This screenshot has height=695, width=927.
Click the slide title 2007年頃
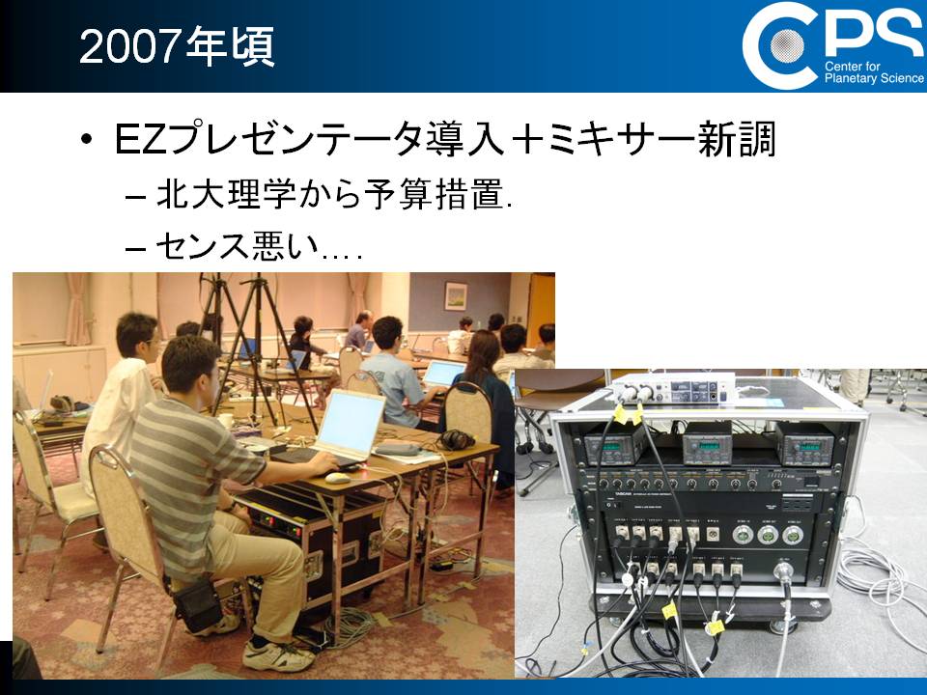(x=177, y=46)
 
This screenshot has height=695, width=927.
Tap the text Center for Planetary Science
(x=874, y=72)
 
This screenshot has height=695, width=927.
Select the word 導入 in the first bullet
(x=465, y=139)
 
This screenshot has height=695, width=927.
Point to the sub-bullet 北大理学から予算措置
(x=334, y=194)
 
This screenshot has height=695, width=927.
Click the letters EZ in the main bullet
(x=140, y=140)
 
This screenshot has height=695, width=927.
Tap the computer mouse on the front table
(x=338, y=478)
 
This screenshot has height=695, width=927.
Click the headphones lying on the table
(x=456, y=440)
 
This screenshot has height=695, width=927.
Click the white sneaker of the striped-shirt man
(x=278, y=654)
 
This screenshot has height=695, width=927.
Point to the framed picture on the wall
(x=456, y=296)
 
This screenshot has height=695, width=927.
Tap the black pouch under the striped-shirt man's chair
(x=197, y=606)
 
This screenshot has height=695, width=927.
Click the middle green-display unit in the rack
(x=707, y=444)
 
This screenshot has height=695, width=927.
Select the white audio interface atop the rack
(x=672, y=389)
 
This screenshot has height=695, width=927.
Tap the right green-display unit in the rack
(x=804, y=444)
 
